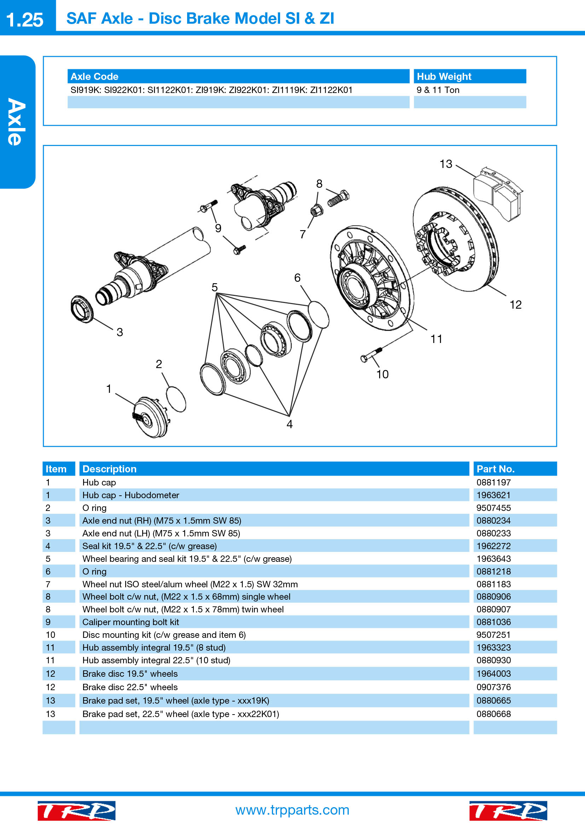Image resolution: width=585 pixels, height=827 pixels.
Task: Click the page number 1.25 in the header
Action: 24,20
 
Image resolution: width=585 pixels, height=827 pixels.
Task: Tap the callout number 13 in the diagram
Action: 446,164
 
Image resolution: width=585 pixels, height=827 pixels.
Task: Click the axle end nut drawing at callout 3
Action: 82,309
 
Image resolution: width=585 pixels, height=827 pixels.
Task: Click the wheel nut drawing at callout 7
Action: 317,210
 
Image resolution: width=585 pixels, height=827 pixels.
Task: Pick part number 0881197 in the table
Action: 493,482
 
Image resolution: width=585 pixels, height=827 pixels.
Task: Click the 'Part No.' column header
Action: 495,469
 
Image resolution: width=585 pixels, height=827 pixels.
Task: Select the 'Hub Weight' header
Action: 444,76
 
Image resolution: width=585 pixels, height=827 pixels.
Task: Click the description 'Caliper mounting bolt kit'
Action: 131,622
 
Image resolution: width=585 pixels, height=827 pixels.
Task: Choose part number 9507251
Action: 493,635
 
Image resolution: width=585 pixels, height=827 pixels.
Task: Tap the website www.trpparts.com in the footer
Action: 292,810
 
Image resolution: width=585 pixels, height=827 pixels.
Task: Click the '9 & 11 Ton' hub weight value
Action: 438,90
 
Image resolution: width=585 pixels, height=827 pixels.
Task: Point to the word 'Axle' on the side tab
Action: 17,122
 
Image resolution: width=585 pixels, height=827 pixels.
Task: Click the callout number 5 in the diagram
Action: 215,287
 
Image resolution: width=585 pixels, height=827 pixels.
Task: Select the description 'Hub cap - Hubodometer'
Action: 131,495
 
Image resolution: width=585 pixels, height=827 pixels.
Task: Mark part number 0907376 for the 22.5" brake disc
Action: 493,687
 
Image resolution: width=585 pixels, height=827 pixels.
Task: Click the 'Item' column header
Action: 56,469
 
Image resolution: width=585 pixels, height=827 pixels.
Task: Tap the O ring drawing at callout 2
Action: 176,399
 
